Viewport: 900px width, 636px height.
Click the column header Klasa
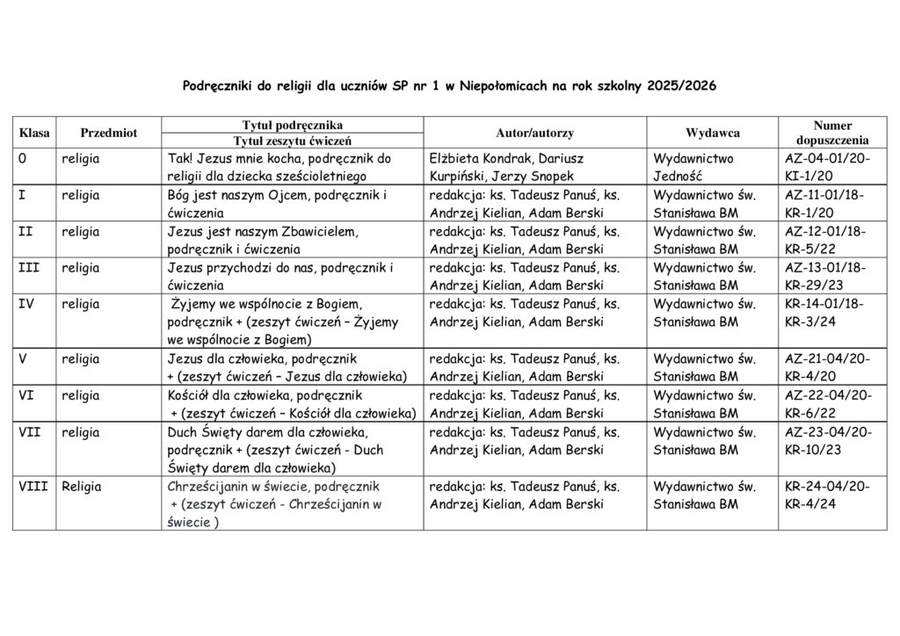point(34,133)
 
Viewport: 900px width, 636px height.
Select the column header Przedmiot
point(108,133)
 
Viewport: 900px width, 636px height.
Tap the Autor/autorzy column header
point(534,133)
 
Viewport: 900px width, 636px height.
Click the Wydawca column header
point(713,133)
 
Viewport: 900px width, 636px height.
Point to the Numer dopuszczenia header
point(831,133)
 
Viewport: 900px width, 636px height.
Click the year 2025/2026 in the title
point(681,86)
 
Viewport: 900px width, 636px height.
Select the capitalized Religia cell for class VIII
point(82,487)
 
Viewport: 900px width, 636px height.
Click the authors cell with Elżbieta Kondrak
point(506,168)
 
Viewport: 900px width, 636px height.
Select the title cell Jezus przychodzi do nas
point(280,277)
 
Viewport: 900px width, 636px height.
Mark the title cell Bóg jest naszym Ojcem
point(277,204)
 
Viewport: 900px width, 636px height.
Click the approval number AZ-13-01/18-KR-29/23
point(825,277)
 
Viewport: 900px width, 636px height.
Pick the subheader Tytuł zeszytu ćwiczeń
point(292,141)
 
